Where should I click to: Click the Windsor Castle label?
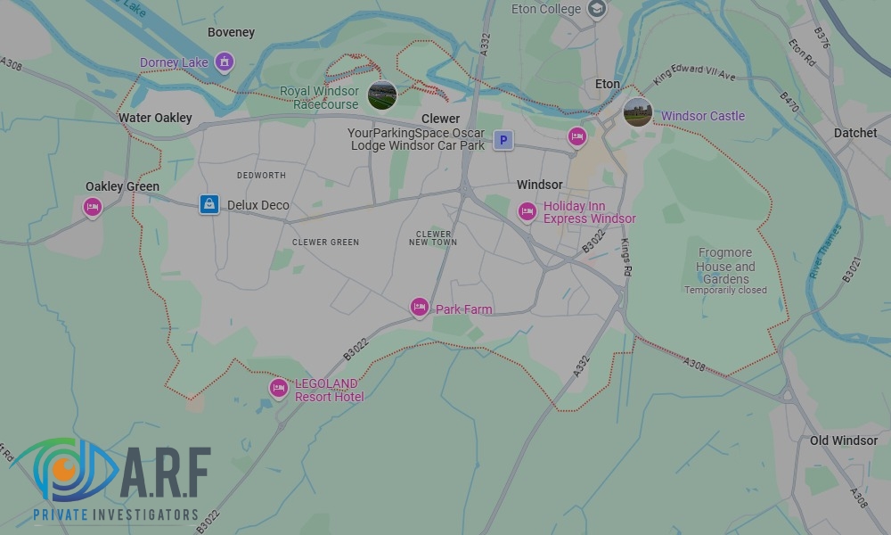(x=702, y=116)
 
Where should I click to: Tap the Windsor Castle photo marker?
(x=638, y=112)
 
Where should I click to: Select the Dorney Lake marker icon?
(x=225, y=62)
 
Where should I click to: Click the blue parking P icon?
(x=503, y=140)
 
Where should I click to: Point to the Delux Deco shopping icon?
(x=208, y=204)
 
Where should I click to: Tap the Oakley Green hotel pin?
(x=93, y=208)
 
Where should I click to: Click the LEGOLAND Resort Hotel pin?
(x=279, y=388)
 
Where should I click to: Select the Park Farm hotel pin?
(x=420, y=308)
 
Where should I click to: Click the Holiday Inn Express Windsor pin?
(x=527, y=211)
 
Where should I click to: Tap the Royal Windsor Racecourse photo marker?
(x=382, y=95)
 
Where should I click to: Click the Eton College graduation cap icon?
(x=597, y=10)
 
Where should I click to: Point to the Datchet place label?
(x=855, y=133)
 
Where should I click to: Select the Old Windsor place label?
(x=844, y=440)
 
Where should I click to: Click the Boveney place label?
(x=231, y=32)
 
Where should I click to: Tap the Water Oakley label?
(x=155, y=118)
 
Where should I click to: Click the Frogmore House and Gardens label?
(x=725, y=266)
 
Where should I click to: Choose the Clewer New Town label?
(x=433, y=238)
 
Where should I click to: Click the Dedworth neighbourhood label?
(x=261, y=175)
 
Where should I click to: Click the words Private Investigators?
(x=116, y=514)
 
